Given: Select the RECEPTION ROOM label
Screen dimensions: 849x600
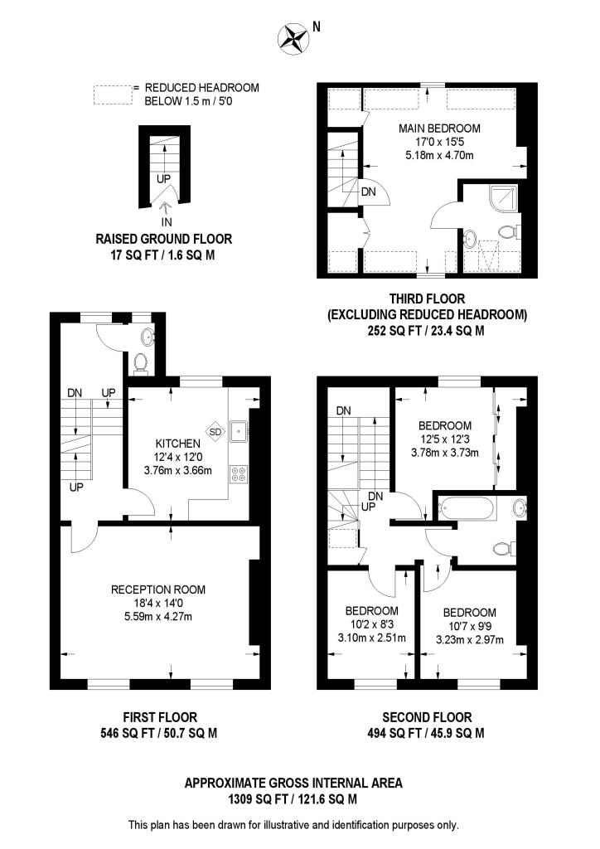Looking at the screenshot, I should click(x=158, y=589).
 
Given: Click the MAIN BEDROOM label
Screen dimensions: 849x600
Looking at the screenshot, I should click(x=439, y=129).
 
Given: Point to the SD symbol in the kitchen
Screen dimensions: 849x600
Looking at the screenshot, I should click(x=215, y=431).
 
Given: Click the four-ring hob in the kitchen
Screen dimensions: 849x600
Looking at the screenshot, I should click(x=240, y=475).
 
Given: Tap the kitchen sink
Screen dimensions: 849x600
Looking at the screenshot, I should click(x=240, y=429).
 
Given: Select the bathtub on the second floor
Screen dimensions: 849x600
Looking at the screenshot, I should click(x=467, y=507).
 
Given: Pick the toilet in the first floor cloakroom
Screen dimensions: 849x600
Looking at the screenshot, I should click(x=141, y=361).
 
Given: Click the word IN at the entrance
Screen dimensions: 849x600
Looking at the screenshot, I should click(x=167, y=222).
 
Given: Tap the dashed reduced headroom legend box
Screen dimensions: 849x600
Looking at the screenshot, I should click(x=113, y=95).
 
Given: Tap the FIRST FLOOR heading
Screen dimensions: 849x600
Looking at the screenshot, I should click(x=159, y=717).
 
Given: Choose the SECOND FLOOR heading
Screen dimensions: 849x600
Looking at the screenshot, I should click(x=427, y=717).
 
